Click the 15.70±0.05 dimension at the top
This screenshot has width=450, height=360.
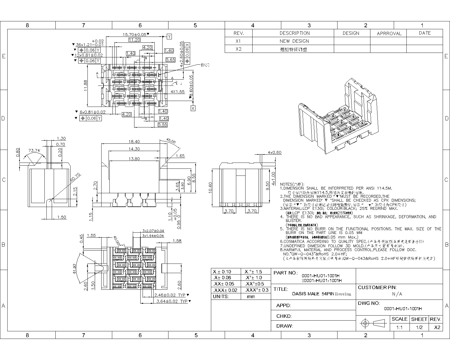point(134,35)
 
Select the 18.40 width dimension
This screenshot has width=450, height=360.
point(134,142)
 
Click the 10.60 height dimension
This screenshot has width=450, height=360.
point(210,188)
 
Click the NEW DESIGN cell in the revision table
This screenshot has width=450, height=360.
point(294,41)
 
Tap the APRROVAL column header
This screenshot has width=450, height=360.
point(389,33)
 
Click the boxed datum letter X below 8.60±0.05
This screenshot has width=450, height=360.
point(193,108)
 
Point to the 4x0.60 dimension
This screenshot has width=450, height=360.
point(274,153)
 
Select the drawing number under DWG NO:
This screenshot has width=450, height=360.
point(403,309)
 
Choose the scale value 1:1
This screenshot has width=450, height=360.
point(399,327)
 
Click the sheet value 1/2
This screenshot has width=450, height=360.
point(419,327)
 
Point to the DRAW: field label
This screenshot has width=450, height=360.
point(285,326)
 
